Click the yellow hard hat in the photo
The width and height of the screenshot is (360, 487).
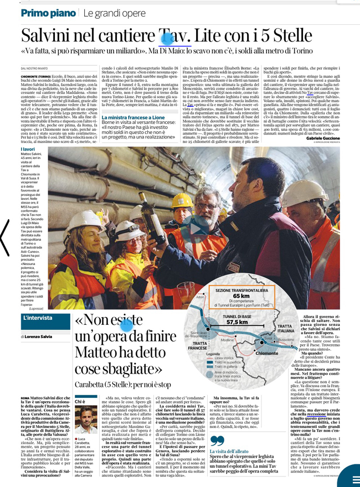[182, 199]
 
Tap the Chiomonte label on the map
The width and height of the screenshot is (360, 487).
[268, 353]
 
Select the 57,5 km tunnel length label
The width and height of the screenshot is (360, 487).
[236, 322]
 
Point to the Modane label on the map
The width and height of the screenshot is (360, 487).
[227, 340]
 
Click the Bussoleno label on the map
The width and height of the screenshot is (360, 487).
[286, 339]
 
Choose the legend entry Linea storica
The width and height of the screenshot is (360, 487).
[224, 358]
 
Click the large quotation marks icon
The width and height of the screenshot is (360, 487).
[218, 441]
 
